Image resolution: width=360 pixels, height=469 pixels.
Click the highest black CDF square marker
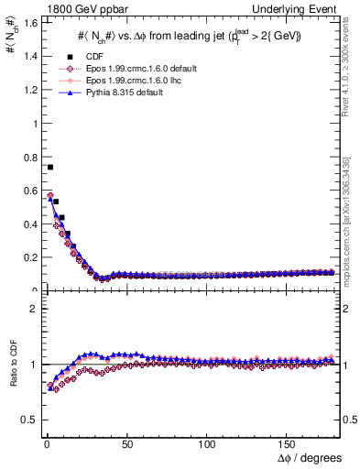(x=49, y=168)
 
